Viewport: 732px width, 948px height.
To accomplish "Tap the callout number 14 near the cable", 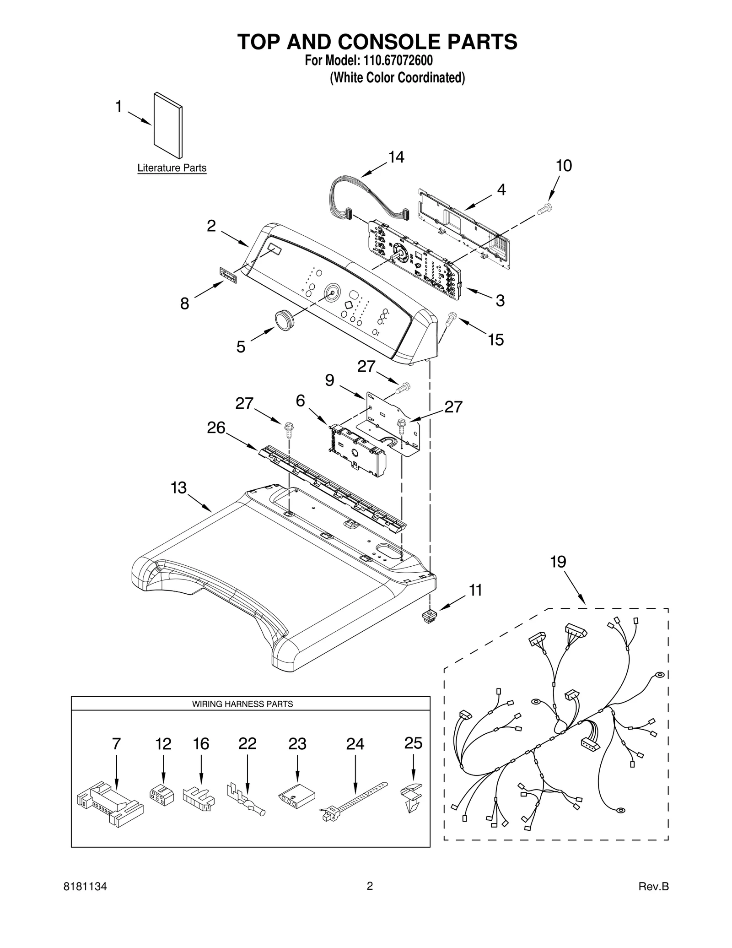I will [396, 157].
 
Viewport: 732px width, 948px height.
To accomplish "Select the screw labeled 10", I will [544, 209].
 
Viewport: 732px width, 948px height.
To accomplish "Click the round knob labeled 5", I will [285, 318].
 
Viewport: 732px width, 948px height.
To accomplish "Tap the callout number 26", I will [216, 428].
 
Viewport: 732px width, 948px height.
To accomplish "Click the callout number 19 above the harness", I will [558, 561].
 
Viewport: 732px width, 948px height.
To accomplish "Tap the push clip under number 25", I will [411, 797].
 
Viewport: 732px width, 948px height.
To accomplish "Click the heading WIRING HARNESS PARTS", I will [242, 704].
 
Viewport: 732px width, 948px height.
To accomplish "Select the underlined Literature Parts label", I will [172, 168].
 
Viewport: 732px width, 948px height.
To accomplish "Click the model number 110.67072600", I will [398, 61].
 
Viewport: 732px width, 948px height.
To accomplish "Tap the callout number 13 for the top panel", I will [178, 488].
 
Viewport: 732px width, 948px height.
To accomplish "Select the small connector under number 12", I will [162, 796].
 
